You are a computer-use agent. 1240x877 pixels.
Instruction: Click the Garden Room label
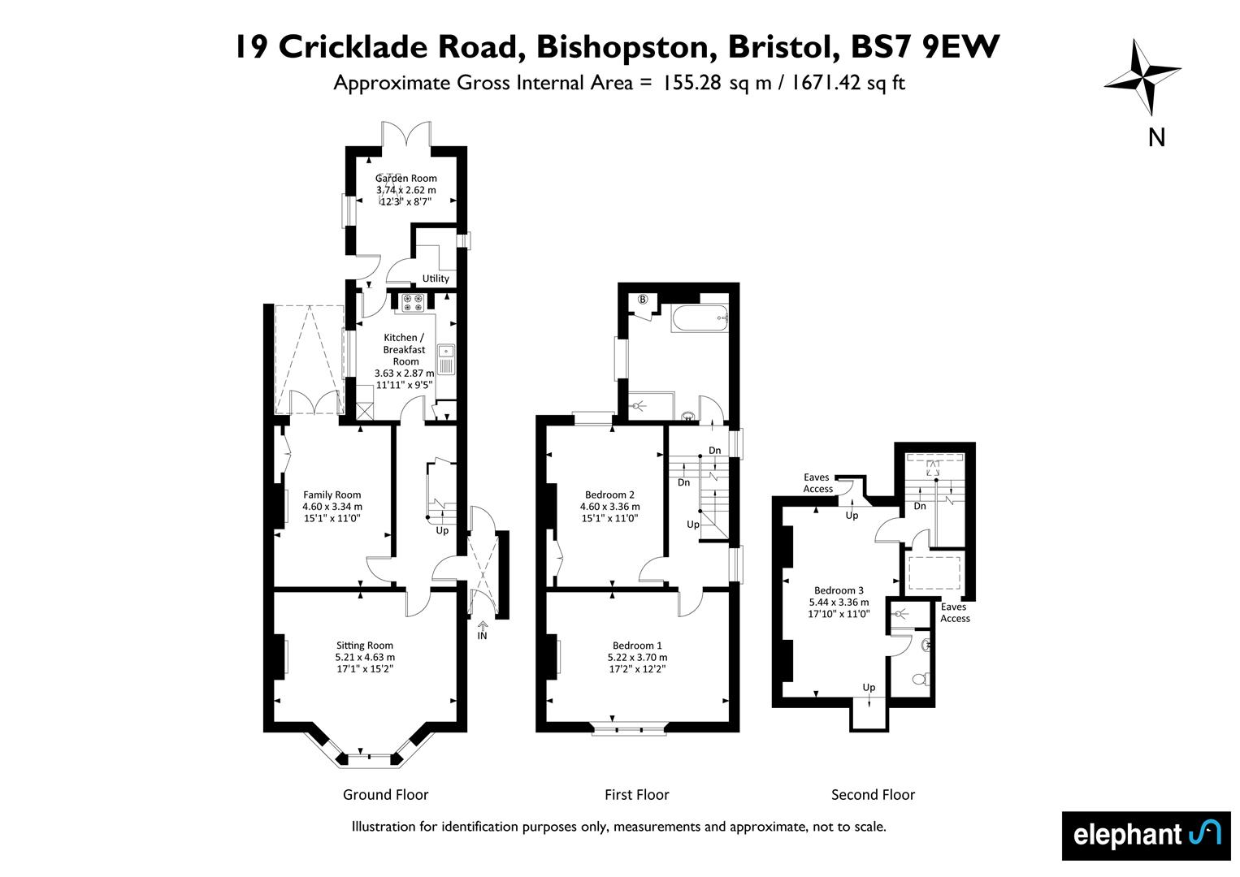pos(405,178)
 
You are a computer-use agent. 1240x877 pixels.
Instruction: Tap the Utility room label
pos(436,279)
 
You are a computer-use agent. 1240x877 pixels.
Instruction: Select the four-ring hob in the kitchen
pos(413,303)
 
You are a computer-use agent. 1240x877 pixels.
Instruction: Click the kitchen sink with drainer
pos(446,360)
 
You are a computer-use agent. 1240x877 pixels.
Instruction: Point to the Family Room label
pos(332,495)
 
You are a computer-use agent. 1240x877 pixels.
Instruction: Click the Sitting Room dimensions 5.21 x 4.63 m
pos(365,657)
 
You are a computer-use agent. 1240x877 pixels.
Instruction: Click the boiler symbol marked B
pos(643,300)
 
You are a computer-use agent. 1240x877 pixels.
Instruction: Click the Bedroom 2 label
pos(609,495)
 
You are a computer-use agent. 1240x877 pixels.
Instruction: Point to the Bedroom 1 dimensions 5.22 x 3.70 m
pos(637,657)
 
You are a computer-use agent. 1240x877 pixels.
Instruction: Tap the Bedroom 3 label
pos(839,590)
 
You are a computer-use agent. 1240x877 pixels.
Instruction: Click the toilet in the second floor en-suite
pos(921,679)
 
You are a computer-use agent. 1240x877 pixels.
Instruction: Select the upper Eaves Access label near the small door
pos(817,483)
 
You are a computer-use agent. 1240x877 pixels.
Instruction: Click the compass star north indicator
pos(1143,76)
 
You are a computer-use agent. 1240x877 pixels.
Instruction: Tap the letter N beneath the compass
pos(1156,137)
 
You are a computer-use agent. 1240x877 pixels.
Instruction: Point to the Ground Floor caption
pos(385,794)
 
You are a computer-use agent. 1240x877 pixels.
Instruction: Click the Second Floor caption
pos(873,794)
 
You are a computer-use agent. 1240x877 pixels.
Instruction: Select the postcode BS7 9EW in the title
pos(925,46)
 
